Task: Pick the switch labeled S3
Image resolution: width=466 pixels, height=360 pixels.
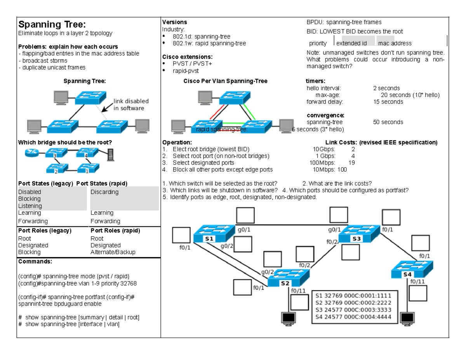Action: tap(358, 235)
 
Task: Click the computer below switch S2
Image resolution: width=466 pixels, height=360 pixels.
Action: tap(288, 318)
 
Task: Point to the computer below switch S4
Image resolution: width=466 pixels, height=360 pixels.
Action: tap(408, 318)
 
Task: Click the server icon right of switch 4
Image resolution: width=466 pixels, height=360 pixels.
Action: tap(111, 155)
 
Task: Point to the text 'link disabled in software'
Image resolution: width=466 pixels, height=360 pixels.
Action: tap(131, 104)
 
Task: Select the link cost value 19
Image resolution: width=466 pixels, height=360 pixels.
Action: tap(352, 163)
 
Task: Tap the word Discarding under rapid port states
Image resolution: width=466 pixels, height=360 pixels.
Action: tap(104, 192)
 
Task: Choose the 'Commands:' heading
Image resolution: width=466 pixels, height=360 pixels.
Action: tap(35, 262)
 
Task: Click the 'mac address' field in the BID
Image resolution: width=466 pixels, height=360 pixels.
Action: tap(395, 43)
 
